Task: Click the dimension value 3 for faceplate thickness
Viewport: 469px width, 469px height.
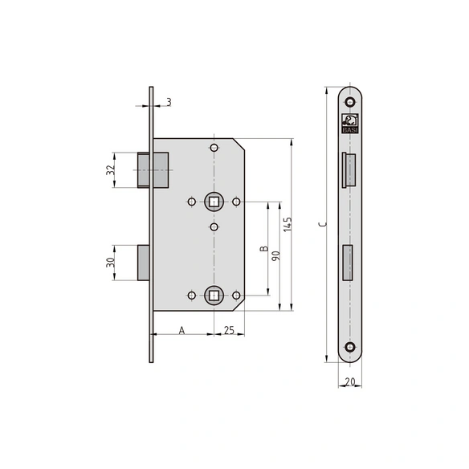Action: tap(169, 102)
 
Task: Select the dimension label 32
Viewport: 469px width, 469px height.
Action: tap(111, 170)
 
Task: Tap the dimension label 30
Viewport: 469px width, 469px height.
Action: tap(111, 263)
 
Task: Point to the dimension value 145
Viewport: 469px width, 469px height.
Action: tap(288, 224)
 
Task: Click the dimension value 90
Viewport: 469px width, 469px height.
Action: tap(275, 255)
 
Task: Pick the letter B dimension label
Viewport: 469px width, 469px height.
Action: tap(263, 249)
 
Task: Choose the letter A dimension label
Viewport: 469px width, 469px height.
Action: tap(181, 331)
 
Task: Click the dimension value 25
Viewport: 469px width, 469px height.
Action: tap(229, 330)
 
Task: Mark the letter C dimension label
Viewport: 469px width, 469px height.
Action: tap(323, 224)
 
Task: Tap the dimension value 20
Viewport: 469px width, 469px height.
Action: tap(350, 381)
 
